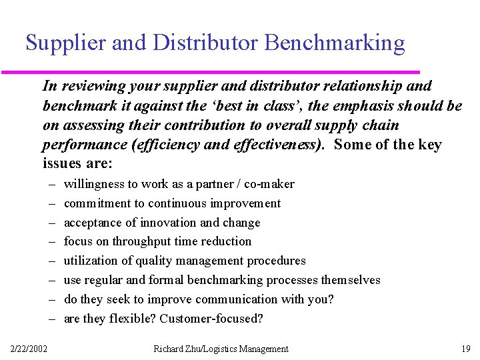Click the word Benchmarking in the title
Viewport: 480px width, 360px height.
[335, 43]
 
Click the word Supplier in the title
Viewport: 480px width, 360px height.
[66, 43]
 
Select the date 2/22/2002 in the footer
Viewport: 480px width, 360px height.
[29, 349]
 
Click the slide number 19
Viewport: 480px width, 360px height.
[465, 349]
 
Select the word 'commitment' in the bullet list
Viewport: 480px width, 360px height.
[94, 203]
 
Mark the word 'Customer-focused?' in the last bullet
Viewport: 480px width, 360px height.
[211, 319]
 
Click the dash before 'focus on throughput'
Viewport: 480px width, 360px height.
[51, 241]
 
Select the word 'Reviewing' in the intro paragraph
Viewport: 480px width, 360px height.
[87, 86]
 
